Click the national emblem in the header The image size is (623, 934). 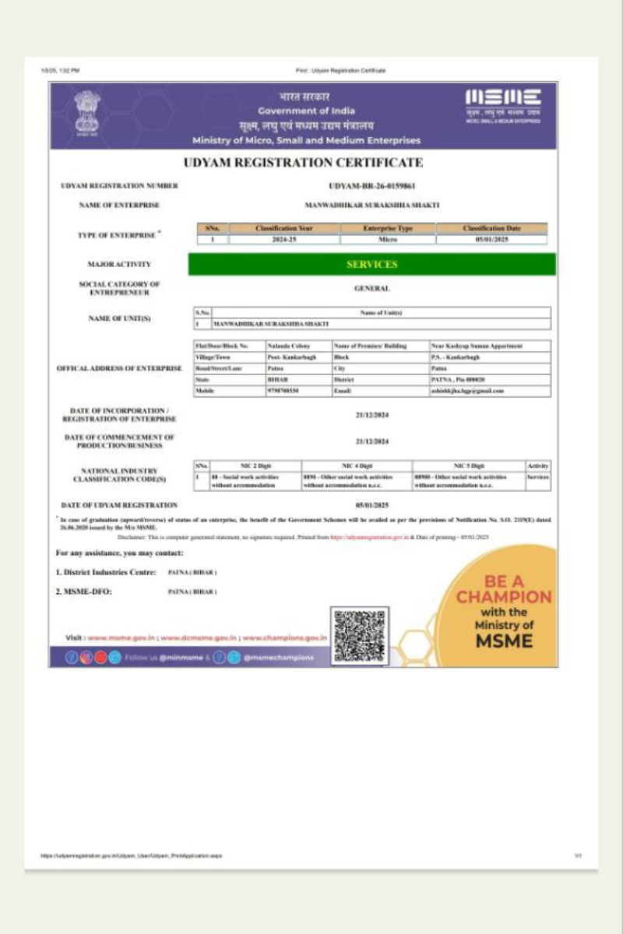click(x=87, y=112)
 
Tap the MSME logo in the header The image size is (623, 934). click(x=502, y=104)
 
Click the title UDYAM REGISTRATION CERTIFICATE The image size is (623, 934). click(x=303, y=163)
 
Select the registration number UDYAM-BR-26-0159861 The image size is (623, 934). click(x=372, y=186)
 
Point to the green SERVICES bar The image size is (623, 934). click(x=371, y=264)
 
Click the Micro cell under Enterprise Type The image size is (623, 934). click(x=387, y=240)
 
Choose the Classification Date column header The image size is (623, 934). click(x=491, y=229)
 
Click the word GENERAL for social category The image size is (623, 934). click(x=371, y=289)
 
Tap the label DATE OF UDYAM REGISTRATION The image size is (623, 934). click(x=119, y=505)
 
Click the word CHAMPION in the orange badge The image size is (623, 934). click(x=503, y=597)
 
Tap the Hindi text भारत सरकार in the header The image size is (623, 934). click(x=304, y=97)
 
